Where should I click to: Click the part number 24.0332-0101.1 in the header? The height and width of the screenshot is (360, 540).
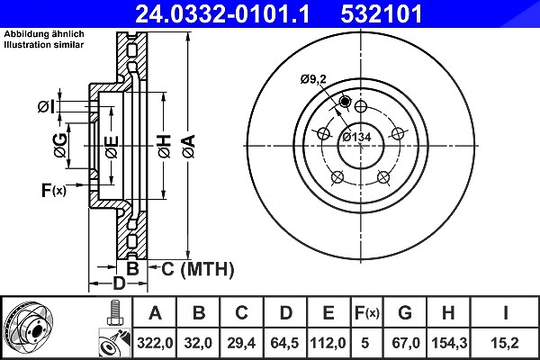[x=222, y=13]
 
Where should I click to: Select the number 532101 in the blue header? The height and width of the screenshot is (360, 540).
[x=382, y=13]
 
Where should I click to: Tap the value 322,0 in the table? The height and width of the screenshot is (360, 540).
[x=154, y=343]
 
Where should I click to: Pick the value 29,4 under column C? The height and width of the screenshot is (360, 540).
[x=241, y=343]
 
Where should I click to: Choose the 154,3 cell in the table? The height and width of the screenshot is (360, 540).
[x=449, y=343]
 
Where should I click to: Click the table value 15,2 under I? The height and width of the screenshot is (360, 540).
[x=505, y=343]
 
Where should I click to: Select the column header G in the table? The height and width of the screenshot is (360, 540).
[x=405, y=313]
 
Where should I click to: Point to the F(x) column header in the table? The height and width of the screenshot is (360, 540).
[x=367, y=313]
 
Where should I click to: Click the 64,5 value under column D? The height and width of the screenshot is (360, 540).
[x=284, y=343]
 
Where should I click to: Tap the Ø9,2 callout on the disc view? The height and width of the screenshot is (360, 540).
[x=312, y=79]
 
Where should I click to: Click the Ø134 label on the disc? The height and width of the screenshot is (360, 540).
[x=356, y=137]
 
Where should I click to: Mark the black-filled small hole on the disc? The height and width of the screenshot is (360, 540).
[x=345, y=102]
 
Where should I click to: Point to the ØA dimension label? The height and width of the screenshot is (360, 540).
[x=189, y=147]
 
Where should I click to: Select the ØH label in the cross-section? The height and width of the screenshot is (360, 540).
[x=165, y=147]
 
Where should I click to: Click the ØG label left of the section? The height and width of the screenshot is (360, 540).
[x=60, y=145]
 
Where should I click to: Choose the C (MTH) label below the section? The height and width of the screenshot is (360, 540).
[x=198, y=269]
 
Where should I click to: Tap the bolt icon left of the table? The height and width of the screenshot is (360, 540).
[x=115, y=313]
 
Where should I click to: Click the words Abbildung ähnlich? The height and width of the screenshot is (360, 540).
[x=44, y=34]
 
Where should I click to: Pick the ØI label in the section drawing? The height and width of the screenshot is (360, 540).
[x=47, y=107]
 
